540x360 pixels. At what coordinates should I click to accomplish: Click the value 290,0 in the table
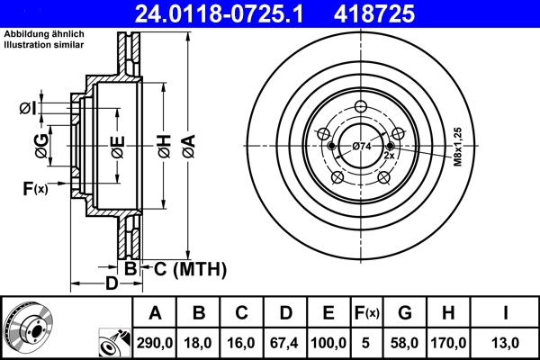point(156,342)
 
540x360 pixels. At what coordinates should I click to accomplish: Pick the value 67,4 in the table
point(284,342)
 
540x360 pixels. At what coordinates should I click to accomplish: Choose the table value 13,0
point(505,342)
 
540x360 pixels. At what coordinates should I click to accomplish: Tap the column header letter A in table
point(156,314)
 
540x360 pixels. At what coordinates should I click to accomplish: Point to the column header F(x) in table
point(368,314)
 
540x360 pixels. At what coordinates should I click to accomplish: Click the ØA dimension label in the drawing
point(187,145)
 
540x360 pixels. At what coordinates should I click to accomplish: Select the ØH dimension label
point(164,145)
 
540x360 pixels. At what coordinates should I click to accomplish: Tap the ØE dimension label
point(117,145)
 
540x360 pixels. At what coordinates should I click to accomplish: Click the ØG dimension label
point(42,145)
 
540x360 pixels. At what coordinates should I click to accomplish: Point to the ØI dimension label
point(28,109)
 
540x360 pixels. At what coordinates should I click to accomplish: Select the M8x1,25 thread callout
point(457,147)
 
